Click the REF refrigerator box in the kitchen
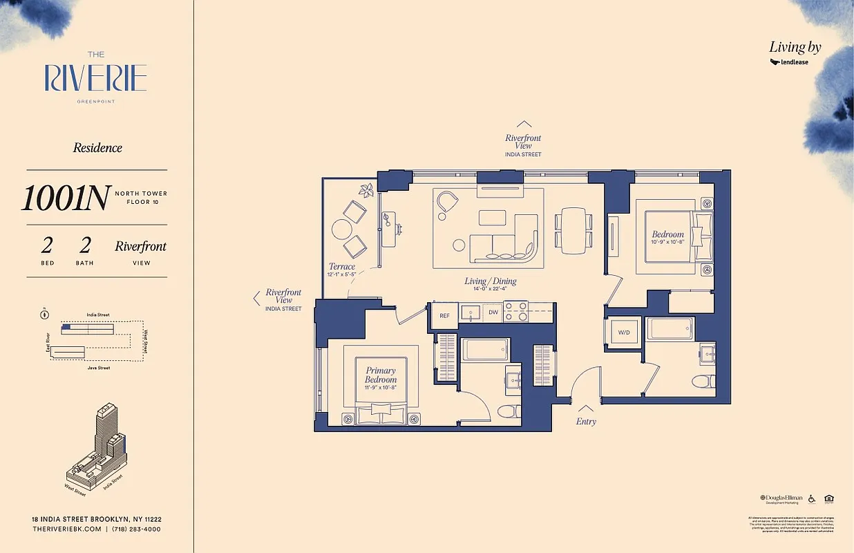click(x=444, y=315)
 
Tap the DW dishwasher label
click(x=493, y=313)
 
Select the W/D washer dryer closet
click(x=624, y=332)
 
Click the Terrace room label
click(x=341, y=266)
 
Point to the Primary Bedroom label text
click(x=381, y=375)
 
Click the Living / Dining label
click(x=490, y=281)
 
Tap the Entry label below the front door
click(x=586, y=421)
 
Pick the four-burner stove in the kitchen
click(x=515, y=312)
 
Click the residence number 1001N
click(x=65, y=198)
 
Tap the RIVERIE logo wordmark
click(x=96, y=78)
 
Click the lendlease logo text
click(x=794, y=62)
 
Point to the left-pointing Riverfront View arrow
click(x=256, y=299)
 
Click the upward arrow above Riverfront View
click(x=523, y=124)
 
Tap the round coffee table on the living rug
click(x=458, y=244)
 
